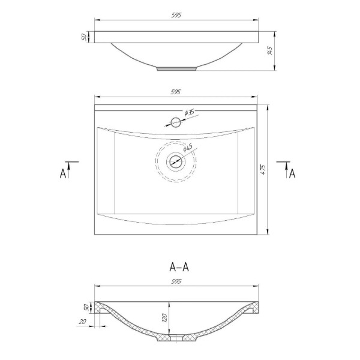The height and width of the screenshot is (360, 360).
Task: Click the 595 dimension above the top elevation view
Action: click(x=176, y=15)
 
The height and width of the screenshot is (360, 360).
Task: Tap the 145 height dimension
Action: click(x=270, y=51)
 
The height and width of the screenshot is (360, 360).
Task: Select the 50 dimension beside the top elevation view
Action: click(x=84, y=37)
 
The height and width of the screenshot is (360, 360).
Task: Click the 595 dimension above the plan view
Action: click(x=176, y=92)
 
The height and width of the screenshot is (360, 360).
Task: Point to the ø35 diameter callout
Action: click(x=189, y=113)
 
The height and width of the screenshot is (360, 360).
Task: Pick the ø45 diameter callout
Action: click(x=188, y=148)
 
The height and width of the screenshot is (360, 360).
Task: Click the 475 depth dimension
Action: click(x=263, y=169)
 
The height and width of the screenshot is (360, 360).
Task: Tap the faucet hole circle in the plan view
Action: click(x=176, y=122)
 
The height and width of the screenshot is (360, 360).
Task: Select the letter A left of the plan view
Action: click(x=62, y=173)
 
